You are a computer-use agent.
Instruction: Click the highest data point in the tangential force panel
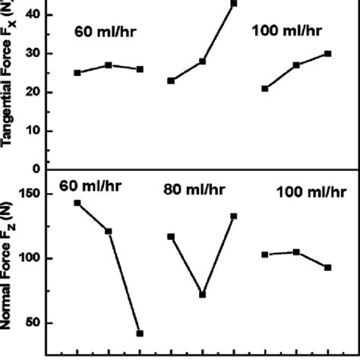(234, 3)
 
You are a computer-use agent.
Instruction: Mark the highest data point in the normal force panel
(77, 203)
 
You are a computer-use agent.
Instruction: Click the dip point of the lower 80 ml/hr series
(203, 295)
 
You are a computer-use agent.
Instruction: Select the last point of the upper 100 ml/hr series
(327, 53)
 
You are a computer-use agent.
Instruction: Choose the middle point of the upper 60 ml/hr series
(109, 65)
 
